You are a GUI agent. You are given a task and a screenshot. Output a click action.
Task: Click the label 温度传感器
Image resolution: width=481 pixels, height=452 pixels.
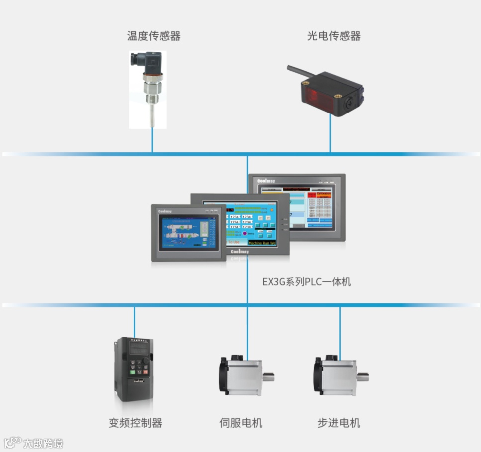click(154, 36)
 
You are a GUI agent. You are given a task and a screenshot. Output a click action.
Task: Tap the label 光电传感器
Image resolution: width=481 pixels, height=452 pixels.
click(333, 36)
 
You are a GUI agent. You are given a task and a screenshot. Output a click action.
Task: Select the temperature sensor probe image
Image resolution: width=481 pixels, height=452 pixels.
click(148, 90)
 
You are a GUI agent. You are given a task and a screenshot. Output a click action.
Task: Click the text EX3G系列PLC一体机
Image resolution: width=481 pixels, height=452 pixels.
click(306, 282)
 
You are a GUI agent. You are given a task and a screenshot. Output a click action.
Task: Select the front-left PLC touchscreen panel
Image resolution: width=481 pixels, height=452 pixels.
click(189, 232)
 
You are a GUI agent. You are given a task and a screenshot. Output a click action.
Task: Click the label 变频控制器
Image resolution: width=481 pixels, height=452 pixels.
click(135, 423)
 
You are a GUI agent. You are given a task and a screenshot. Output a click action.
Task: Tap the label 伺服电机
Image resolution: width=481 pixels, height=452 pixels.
click(241, 423)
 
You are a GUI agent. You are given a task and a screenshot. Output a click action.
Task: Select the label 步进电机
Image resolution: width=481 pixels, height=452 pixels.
click(338, 423)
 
